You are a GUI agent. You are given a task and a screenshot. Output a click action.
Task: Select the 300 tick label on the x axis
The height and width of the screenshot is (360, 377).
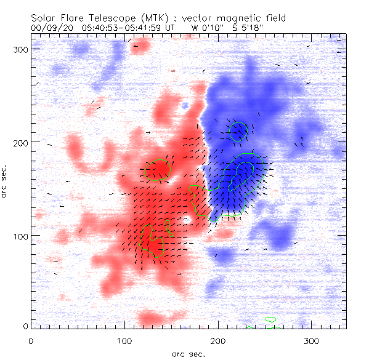pos(312,340)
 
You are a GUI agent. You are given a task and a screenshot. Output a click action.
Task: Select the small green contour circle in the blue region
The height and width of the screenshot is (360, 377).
pos(238,131)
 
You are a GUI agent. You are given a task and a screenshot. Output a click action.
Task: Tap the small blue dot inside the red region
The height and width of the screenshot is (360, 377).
pos(185,106)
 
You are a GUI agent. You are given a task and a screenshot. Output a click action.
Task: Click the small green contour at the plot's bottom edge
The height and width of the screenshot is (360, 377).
pos(270,319)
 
